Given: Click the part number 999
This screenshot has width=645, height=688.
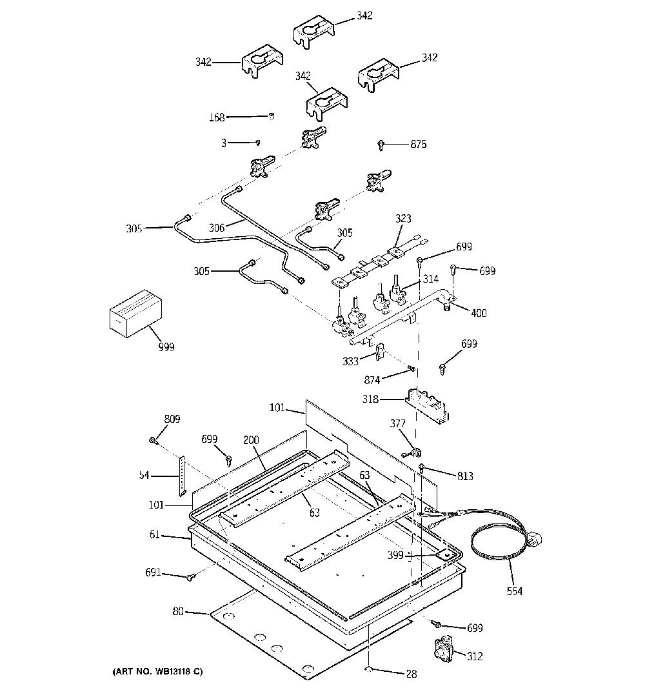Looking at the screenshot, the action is tap(166, 347).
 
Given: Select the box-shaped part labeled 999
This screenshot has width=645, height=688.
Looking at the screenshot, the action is tap(135, 313).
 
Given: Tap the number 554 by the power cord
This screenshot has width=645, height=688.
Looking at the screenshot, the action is tap(515, 591).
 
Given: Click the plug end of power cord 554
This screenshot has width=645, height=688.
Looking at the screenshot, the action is tap(535, 540).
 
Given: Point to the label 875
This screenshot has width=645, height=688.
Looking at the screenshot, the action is tap(419, 144).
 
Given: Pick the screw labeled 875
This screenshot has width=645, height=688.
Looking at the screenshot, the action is tap(381, 145).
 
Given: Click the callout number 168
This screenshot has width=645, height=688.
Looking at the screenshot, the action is tap(217, 117).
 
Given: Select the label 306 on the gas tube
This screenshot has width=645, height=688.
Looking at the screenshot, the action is tap(217, 227).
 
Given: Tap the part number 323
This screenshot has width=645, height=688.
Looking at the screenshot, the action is tap(403, 218).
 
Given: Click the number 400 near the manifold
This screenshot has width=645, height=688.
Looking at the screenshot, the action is tap(479, 313).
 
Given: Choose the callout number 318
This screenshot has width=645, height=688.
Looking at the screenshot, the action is tap(370, 400).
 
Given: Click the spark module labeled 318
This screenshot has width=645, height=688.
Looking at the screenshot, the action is tap(428, 405).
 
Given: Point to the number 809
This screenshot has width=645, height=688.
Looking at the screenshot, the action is tap(172, 419).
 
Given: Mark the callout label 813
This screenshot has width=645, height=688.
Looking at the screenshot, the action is tap(465, 476).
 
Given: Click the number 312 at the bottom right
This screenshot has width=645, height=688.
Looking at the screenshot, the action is tap(475, 656).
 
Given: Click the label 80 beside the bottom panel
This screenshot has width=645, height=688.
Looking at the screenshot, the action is tap(178, 611).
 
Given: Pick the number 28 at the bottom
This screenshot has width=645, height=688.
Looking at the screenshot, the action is tap(412, 674).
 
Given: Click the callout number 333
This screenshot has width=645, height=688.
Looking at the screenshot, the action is tap(351, 361).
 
